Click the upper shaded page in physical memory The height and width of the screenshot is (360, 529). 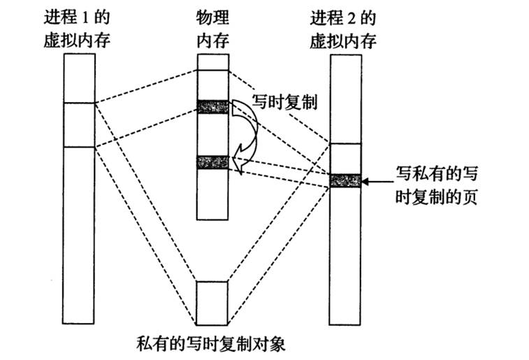tap(213, 106)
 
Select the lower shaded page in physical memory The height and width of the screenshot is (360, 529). tap(213, 162)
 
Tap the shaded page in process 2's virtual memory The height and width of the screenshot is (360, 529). tap(345, 180)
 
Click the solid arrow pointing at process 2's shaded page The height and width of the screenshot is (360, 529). tap(377, 180)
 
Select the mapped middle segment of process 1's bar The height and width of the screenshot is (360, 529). tap(79, 125)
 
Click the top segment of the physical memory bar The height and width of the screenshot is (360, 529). tap(213, 62)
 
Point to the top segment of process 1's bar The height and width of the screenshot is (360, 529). tap(79, 78)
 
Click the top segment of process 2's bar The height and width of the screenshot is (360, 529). tap(345, 98)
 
